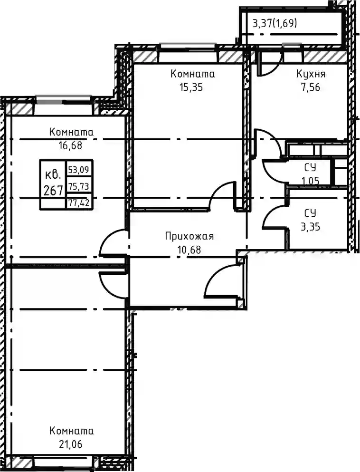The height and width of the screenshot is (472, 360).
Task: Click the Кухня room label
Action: (311, 74)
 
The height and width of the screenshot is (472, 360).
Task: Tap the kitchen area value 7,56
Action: (311, 87)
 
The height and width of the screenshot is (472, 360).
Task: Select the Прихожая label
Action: (189, 237)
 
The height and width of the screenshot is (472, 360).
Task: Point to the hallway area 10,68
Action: (189, 250)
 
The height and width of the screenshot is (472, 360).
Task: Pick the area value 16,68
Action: (70, 146)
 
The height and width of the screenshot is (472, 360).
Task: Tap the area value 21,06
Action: (70, 444)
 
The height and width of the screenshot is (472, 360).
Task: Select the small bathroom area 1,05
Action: (311, 180)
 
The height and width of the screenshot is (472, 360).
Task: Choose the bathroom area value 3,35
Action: (311, 226)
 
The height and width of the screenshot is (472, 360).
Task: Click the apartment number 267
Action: (53, 190)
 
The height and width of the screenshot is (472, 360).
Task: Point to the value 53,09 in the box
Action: (78, 170)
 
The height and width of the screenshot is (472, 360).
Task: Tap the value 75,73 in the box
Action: (78, 187)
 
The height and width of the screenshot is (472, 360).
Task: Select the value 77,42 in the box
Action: (78, 202)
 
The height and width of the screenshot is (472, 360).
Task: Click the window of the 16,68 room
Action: (64, 100)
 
